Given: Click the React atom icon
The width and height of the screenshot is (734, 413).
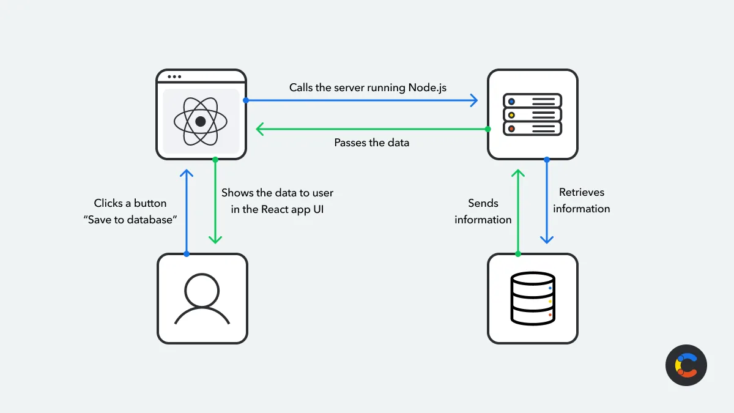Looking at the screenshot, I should tap(201, 121).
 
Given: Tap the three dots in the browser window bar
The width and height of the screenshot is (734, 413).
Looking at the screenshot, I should tap(174, 77).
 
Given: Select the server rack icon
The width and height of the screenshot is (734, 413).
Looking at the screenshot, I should tap(532, 114).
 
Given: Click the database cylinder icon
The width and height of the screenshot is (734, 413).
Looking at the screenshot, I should tap(532, 299).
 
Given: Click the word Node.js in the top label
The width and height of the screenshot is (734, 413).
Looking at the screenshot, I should tap(427, 87).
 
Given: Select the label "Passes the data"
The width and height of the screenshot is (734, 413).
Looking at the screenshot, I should tap(371, 143).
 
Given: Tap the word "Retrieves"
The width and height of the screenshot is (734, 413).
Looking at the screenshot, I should tap(581, 192).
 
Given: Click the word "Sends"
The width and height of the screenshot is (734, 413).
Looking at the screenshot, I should tap(483, 203).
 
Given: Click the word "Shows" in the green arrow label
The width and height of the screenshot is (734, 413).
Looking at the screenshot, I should tap(237, 193).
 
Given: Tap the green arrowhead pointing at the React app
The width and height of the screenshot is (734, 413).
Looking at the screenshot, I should tap(260, 129).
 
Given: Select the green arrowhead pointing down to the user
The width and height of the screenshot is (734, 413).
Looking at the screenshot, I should tap(215, 239).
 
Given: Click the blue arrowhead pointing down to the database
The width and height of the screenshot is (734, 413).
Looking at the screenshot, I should tap(547, 239).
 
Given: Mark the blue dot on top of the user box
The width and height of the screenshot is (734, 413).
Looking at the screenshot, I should tap(187, 253).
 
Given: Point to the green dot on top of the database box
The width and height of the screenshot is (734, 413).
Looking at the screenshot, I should tap(518, 253).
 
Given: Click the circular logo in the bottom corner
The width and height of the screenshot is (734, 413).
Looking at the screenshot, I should tap(686, 365).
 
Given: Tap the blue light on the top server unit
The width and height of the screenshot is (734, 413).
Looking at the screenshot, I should tap(511, 101).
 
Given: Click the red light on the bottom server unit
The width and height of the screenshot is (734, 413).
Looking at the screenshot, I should tap(511, 128).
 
